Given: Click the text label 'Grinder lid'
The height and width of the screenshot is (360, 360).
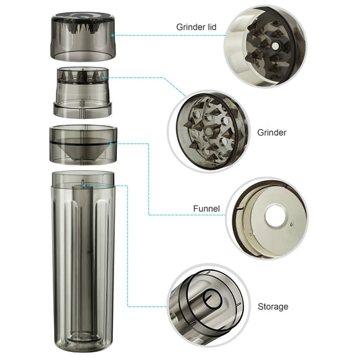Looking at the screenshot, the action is click(x=197, y=27).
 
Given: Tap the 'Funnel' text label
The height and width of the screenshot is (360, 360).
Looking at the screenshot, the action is click(x=207, y=209).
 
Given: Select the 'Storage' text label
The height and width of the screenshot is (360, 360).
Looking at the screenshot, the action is click(x=273, y=307).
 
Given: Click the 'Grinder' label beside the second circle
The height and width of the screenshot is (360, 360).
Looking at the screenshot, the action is click(x=272, y=132).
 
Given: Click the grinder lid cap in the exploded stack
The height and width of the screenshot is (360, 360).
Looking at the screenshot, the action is click(x=83, y=36).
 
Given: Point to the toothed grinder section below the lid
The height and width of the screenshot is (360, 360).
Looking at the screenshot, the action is click(x=82, y=93).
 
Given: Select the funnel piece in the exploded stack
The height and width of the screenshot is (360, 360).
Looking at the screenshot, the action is click(x=83, y=145).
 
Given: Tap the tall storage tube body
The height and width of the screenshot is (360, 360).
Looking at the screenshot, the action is click(x=83, y=262).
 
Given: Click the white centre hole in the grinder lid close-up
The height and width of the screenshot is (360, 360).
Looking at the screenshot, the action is click(x=275, y=46).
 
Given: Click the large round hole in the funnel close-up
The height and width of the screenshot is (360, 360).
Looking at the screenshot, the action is click(x=275, y=216).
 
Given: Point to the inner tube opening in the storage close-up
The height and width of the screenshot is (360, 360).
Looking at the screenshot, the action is click(x=212, y=299).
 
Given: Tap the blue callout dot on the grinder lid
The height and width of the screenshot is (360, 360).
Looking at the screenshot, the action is click(x=113, y=35).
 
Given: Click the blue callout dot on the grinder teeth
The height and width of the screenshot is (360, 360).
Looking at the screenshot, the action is click(x=103, y=78).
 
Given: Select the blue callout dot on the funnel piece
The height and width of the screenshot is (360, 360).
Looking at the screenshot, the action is click(x=111, y=144).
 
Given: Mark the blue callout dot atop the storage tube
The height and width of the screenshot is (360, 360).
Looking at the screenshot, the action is click(x=84, y=185).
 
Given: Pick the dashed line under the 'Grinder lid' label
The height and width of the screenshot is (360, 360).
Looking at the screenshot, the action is click(x=170, y=35).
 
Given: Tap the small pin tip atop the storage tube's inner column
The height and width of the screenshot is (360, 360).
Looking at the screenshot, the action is click(x=82, y=180).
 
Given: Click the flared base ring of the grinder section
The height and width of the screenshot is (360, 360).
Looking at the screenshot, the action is click(x=82, y=109).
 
